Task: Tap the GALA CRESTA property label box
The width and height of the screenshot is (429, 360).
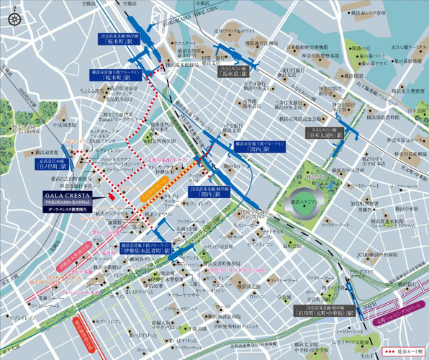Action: [x=68, y=199]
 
